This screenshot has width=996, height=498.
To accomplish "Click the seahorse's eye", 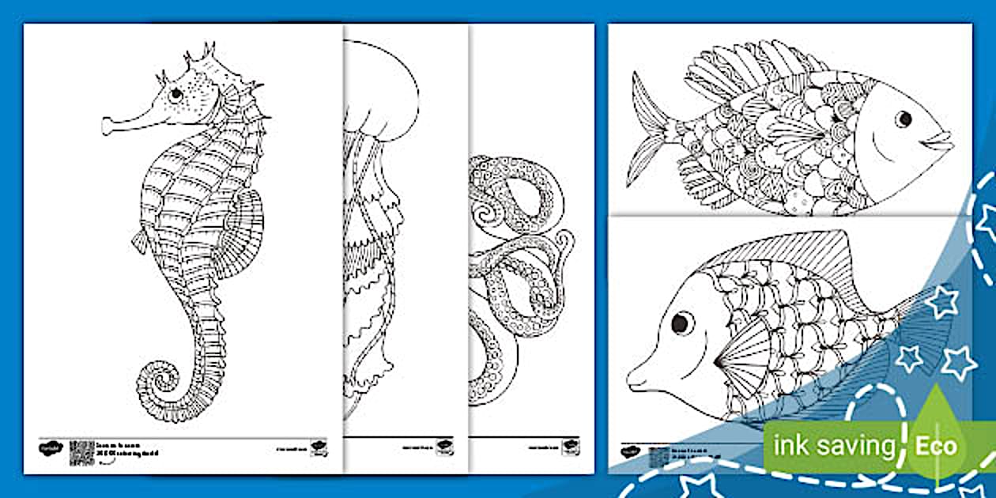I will (x=175, y=94).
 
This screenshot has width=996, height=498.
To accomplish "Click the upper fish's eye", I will (x=904, y=119).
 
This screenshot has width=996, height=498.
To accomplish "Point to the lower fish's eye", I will (x=681, y=323).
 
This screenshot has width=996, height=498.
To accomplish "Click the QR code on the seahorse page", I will (x=81, y=452).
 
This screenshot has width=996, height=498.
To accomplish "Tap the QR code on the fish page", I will (x=658, y=458).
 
